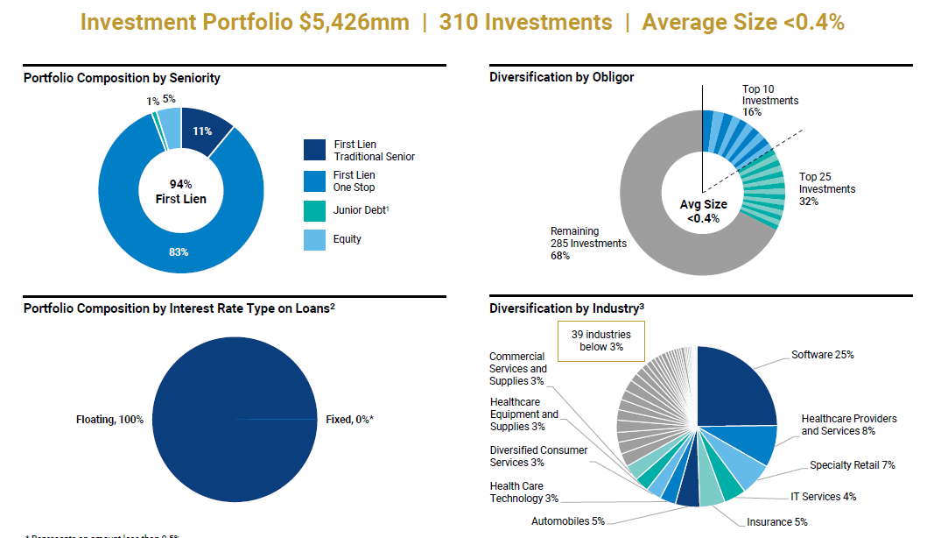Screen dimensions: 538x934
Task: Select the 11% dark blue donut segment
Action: pyautogui.click(x=203, y=131)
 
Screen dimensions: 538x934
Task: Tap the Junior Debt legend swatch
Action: pyautogui.click(x=314, y=210)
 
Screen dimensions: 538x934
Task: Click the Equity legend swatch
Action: pyautogui.click(x=314, y=239)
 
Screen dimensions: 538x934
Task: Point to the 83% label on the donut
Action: pyautogui.click(x=179, y=252)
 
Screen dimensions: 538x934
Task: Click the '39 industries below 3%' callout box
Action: pyautogui.click(x=600, y=341)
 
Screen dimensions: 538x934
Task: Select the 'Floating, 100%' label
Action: pyautogui.click(x=109, y=420)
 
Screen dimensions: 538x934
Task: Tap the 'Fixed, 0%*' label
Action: pyautogui.click(x=349, y=420)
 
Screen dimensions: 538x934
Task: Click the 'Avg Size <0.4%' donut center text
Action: pyautogui.click(x=703, y=211)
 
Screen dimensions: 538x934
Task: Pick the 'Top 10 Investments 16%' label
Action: pyautogui.click(x=770, y=101)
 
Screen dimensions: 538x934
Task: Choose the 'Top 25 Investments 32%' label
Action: pyautogui.click(x=826, y=189)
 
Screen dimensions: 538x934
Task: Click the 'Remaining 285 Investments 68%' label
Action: pyautogui.click(x=588, y=244)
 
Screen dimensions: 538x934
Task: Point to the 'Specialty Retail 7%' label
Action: pyautogui.click(x=852, y=465)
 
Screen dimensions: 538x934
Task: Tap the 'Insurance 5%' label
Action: pyautogui.click(x=776, y=522)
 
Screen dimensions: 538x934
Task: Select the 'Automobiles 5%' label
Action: pyautogui.click(x=567, y=521)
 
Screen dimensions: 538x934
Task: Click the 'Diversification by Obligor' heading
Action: pyautogui.click(x=561, y=77)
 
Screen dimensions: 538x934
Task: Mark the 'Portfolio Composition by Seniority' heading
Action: pyautogui.click(x=122, y=78)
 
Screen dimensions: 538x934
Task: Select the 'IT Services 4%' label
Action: pyautogui.click(x=823, y=497)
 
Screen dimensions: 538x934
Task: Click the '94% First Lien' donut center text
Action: pyautogui.click(x=181, y=191)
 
